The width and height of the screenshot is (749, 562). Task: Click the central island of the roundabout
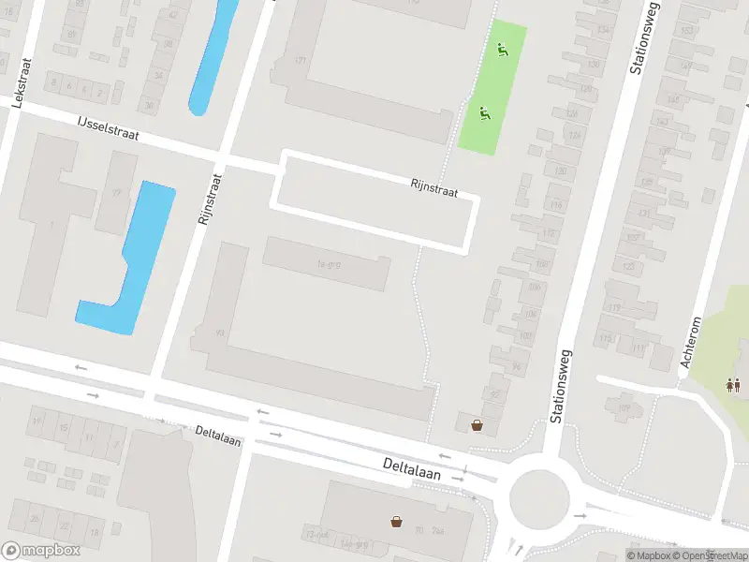click(x=538, y=494)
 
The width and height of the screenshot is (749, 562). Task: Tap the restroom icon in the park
click(x=731, y=384)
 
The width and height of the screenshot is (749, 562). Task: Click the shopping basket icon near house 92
click(x=477, y=425)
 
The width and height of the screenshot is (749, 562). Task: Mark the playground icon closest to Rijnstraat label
click(x=485, y=114)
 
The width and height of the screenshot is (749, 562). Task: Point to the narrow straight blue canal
click(x=212, y=56)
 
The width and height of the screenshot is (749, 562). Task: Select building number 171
click(x=301, y=61)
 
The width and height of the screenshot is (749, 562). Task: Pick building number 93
click(x=220, y=333)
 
